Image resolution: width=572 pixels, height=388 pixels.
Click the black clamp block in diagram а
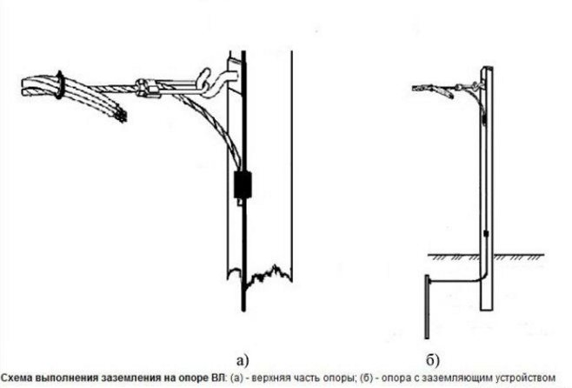(x=243, y=184)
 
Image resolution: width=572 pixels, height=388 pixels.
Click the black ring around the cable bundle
(x=59, y=85)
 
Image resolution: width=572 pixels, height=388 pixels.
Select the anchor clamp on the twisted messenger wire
(x=148, y=89)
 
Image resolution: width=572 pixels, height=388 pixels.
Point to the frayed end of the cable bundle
(x=121, y=115)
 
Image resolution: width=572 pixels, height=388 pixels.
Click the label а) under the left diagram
(x=243, y=360)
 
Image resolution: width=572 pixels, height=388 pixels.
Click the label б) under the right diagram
(x=433, y=360)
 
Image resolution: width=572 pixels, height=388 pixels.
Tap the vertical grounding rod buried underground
(x=427, y=307)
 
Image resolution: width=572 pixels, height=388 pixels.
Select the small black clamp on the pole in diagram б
(x=486, y=234)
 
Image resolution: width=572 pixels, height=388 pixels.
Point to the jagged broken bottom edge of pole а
(x=259, y=274)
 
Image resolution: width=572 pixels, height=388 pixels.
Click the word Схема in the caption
(x=16, y=378)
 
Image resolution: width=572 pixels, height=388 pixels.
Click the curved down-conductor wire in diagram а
(x=211, y=124)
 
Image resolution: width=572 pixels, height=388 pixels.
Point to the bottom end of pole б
(x=486, y=310)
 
